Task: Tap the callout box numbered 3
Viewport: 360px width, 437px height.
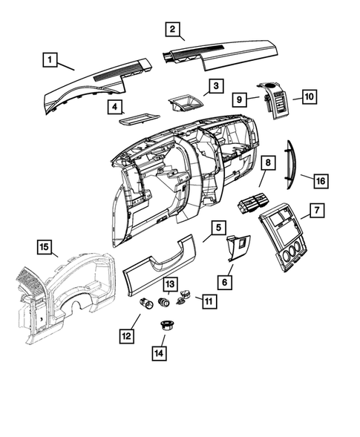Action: (214, 87)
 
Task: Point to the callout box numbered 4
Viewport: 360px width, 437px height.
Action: (115, 107)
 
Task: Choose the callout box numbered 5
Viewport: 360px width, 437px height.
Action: (216, 228)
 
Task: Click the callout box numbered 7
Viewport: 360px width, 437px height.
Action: (316, 211)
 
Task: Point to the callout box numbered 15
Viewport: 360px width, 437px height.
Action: (45, 246)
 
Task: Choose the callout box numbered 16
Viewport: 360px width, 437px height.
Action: (321, 180)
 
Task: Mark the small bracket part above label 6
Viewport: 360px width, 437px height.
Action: (238, 246)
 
